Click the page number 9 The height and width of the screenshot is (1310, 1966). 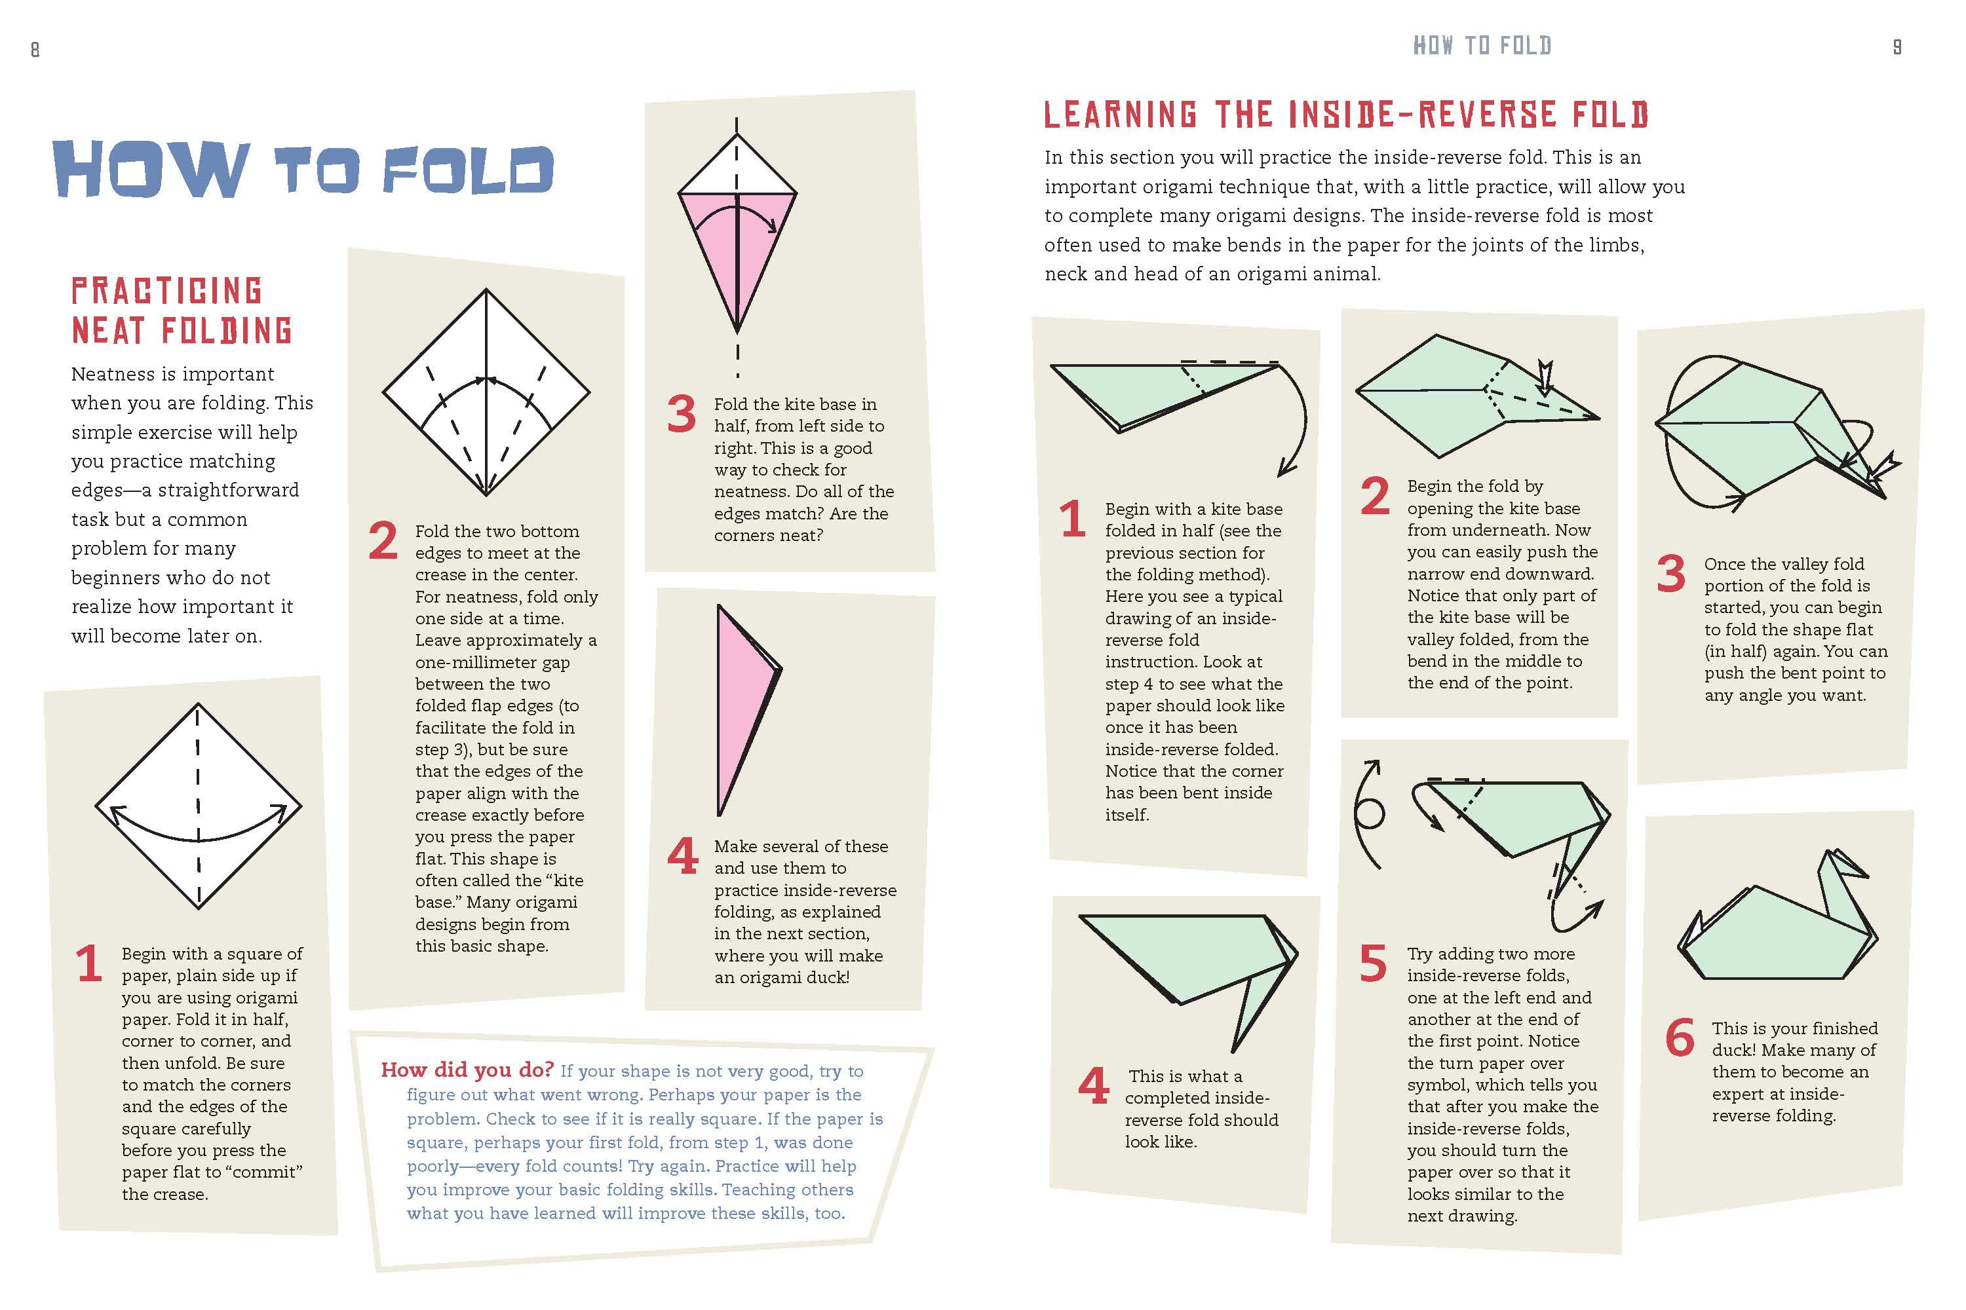click(1897, 47)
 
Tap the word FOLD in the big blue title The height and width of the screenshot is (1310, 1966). click(468, 170)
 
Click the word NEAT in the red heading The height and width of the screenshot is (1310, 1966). click(109, 331)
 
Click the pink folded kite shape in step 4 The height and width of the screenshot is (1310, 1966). click(748, 710)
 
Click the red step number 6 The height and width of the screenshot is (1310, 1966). click(1680, 1038)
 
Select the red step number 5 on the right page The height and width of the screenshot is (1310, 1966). click(1374, 964)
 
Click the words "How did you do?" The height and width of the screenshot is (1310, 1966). click(467, 1070)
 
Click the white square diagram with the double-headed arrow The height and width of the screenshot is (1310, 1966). click(198, 806)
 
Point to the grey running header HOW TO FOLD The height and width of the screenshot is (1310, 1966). click(1482, 45)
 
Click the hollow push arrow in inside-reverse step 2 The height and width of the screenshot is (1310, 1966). click(1545, 378)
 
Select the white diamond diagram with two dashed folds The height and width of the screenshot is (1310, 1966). click(486, 392)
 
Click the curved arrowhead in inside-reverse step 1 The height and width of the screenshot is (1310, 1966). click(1289, 467)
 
